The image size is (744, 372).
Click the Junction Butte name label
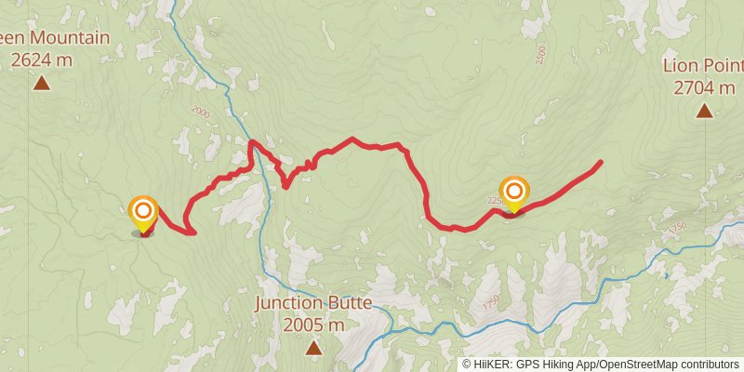313,303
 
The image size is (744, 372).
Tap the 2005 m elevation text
313,325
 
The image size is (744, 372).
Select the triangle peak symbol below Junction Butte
313,348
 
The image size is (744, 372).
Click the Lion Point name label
703,66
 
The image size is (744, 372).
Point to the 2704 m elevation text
704,88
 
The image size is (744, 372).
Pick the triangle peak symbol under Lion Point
704,112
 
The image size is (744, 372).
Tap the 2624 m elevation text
42,60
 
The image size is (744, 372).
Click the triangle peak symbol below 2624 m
42,84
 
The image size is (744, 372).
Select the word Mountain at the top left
70,38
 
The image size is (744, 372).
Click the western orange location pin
143,212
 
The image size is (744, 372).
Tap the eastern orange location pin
513,193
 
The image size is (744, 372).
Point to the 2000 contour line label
200,110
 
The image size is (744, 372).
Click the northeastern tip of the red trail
600,163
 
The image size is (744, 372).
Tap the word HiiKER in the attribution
493,365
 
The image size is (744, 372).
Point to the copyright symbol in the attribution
467,365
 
